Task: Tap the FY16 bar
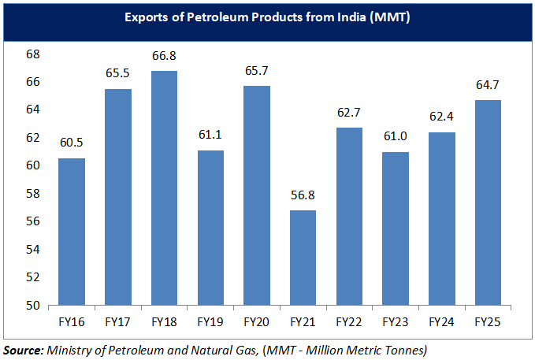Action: (x=72, y=232)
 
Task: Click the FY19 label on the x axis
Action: (x=210, y=322)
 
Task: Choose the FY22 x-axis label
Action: (x=349, y=322)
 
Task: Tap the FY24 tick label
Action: (x=442, y=322)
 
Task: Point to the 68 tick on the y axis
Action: (x=33, y=54)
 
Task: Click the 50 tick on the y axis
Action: (x=33, y=306)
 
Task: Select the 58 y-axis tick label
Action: (x=33, y=194)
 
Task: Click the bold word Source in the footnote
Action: (x=23, y=347)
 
